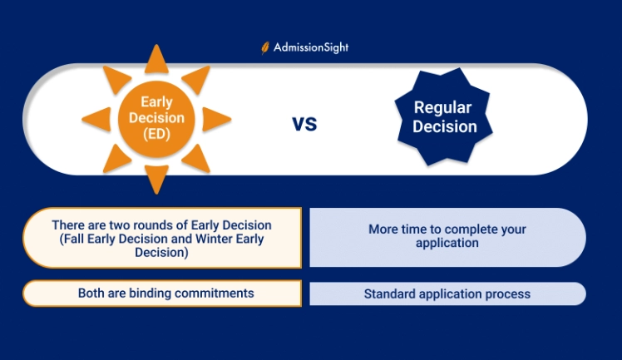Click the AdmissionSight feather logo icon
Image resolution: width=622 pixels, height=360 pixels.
click(265, 48)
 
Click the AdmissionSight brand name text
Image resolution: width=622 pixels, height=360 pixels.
click(311, 48)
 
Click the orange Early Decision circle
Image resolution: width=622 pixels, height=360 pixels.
click(156, 119)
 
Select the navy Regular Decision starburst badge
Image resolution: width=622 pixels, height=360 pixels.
click(444, 118)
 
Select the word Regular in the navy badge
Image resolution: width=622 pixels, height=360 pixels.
click(444, 108)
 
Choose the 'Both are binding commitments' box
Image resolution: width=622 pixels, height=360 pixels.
click(162, 293)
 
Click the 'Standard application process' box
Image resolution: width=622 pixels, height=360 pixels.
click(447, 294)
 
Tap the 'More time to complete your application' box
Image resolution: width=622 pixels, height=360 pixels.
click(447, 236)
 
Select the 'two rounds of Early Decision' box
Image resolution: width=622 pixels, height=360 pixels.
click(162, 238)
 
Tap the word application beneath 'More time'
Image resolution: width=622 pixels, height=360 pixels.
click(447, 244)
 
